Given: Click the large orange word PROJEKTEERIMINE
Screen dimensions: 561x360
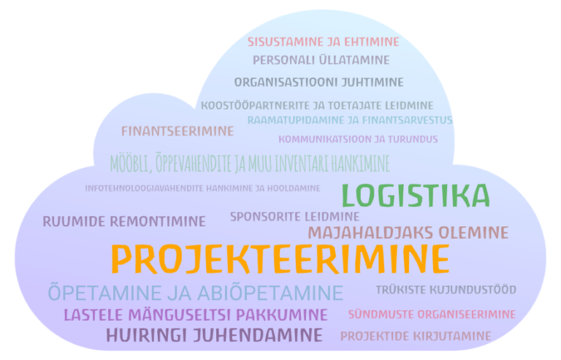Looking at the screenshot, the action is [x=280, y=259].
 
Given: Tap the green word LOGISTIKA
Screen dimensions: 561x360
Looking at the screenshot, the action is [x=416, y=196].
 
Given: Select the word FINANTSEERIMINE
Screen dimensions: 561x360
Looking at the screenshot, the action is [x=178, y=131].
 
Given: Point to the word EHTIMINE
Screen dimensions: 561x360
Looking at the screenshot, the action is [x=371, y=42].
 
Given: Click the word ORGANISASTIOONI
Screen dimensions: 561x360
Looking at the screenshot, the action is [x=286, y=83].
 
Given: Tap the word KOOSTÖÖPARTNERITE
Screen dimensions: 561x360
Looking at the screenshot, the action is [x=256, y=106].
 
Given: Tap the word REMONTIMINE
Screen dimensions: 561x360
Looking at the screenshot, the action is [x=158, y=221].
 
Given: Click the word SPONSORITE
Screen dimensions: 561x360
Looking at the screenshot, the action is [x=262, y=217].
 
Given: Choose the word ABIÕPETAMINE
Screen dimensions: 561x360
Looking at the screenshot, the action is [x=270, y=292].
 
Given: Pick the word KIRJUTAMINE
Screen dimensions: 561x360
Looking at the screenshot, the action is [x=451, y=336].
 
